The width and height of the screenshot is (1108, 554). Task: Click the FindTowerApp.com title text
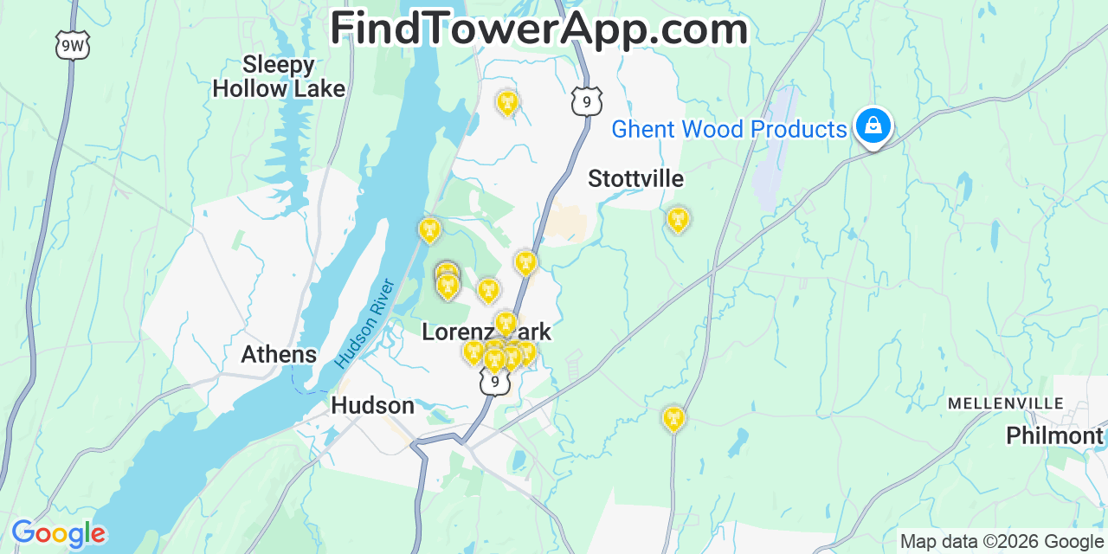(538, 29)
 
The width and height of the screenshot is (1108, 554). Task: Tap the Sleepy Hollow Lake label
(278, 76)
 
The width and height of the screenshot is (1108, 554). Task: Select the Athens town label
(279, 354)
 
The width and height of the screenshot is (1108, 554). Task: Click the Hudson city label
(372, 405)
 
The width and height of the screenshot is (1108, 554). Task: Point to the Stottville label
(635, 179)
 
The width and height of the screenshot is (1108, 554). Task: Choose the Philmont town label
(1054, 435)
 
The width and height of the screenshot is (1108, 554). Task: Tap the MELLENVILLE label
(1005, 403)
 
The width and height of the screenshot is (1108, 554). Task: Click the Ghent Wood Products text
(729, 130)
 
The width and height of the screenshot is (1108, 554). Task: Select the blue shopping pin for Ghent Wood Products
(873, 126)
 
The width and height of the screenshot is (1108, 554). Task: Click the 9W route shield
(73, 45)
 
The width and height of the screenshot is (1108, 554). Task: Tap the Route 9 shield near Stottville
(587, 101)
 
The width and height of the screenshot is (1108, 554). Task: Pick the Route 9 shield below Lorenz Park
(494, 381)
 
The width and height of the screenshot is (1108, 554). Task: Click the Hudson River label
(364, 322)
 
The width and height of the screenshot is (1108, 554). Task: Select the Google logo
(58, 533)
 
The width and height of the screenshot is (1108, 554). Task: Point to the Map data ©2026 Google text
(1001, 542)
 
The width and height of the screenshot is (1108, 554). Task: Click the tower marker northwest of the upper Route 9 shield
(507, 103)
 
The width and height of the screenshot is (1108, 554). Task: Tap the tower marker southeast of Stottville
(678, 219)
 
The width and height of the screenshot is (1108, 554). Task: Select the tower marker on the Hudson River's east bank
(428, 229)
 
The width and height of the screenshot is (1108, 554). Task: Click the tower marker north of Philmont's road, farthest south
(673, 419)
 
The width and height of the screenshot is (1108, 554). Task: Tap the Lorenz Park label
(486, 332)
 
